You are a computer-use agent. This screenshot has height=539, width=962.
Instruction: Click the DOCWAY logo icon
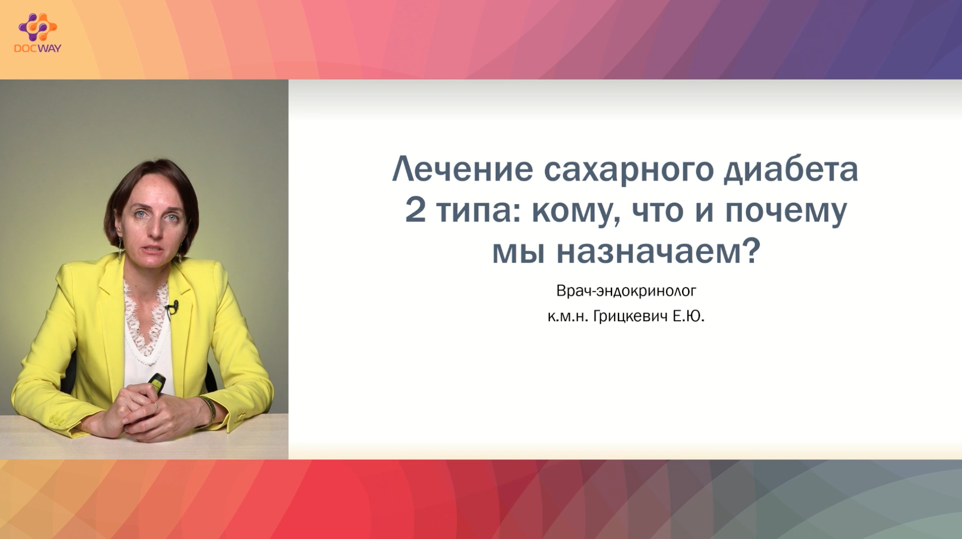pos(37,27)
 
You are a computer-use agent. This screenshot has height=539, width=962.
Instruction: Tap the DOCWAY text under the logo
pos(37,49)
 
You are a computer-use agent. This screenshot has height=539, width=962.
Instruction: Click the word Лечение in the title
pos(463,169)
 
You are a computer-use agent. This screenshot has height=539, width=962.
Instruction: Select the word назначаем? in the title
pos(658,251)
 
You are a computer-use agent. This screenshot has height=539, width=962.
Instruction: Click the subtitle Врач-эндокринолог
pos(626,291)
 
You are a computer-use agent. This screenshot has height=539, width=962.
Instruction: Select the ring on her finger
pos(156,406)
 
